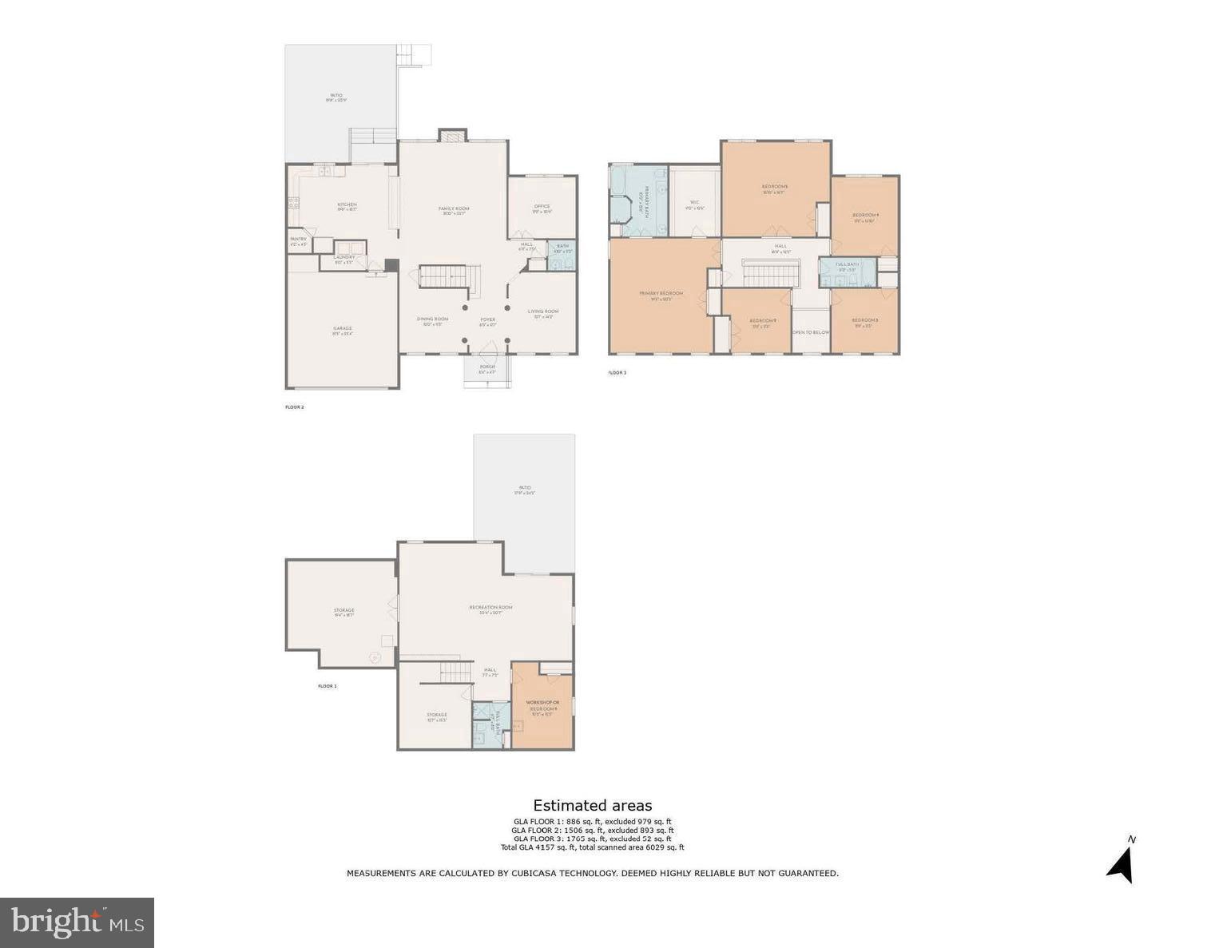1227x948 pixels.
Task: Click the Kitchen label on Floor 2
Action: pyautogui.click(x=347, y=205)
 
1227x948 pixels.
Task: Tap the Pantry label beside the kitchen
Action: pyautogui.click(x=298, y=240)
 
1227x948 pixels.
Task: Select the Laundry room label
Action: pyautogui.click(x=344, y=257)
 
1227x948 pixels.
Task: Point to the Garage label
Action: pyautogui.click(x=343, y=329)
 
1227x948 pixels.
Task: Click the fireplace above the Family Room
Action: pyautogui.click(x=451, y=136)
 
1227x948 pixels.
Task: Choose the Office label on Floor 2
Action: pyautogui.click(x=542, y=207)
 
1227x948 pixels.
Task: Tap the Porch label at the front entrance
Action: pyautogui.click(x=487, y=367)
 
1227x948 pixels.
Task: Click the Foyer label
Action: pyautogui.click(x=487, y=320)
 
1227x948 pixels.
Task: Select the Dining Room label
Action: pyautogui.click(x=432, y=320)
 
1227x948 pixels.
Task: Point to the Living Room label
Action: pyautogui.click(x=543, y=312)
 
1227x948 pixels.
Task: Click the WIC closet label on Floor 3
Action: pyautogui.click(x=695, y=203)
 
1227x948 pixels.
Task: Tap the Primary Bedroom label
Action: pyautogui.click(x=661, y=294)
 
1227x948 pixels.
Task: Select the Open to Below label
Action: pyautogui.click(x=810, y=332)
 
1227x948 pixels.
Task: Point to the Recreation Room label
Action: pyautogui.click(x=490, y=608)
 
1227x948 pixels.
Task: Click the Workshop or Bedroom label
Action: pyautogui.click(x=542, y=705)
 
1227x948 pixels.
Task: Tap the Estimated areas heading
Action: pyautogui.click(x=593, y=806)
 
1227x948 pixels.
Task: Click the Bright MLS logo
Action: pyautogui.click(x=77, y=922)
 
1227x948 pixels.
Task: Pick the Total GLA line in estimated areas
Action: pyautogui.click(x=593, y=847)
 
